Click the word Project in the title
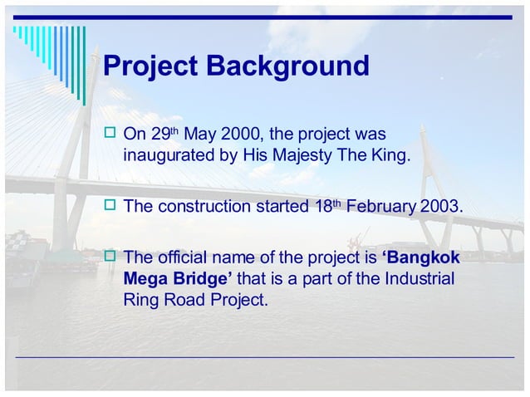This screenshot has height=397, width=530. [x=150, y=66]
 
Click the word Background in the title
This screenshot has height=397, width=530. [x=289, y=66]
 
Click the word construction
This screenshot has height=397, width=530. [x=199, y=206]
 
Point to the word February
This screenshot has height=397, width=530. [x=381, y=206]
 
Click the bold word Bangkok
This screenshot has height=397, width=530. [x=423, y=257]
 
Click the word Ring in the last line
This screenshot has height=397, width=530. [x=141, y=299]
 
